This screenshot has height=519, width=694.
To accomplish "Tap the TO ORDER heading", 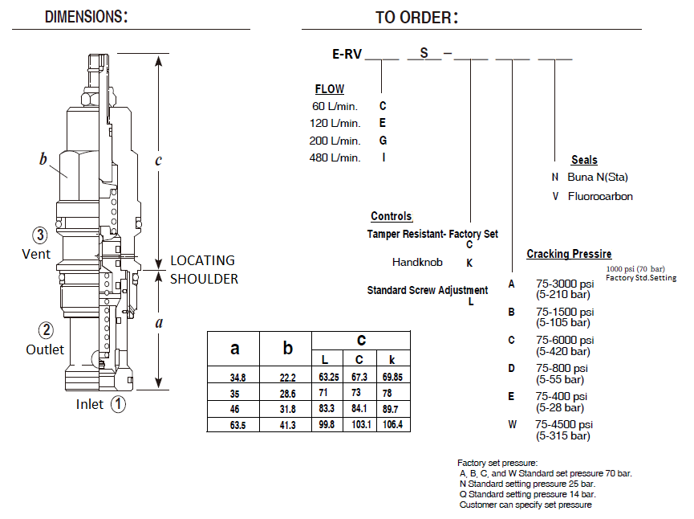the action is (x=416, y=18).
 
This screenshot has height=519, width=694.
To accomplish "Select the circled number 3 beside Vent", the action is (x=40, y=235).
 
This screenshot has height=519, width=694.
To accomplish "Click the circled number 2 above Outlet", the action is (x=46, y=329).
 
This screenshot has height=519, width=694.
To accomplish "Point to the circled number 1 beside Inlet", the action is (x=118, y=404).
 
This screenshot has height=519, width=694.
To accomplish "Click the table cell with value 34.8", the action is (x=237, y=378).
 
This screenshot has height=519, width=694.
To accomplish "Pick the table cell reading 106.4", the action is (x=392, y=424).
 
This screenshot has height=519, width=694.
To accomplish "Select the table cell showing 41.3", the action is (x=288, y=425).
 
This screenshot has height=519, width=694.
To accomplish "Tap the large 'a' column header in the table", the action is (x=234, y=349).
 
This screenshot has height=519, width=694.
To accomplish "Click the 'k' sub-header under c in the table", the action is (x=392, y=359).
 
